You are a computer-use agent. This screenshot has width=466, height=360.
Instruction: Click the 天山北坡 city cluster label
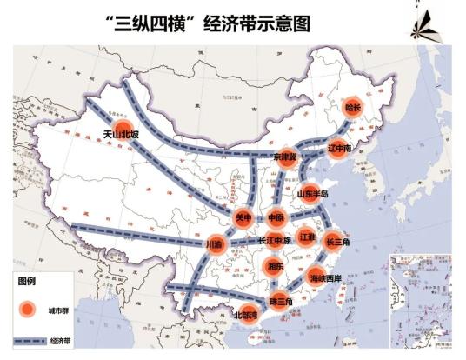coord(121,134)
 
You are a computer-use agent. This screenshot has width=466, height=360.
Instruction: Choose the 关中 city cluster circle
coord(243,217)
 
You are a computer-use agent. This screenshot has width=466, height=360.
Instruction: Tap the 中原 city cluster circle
coord(276,217)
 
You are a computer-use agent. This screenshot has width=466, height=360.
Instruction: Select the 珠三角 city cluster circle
coord(280,301)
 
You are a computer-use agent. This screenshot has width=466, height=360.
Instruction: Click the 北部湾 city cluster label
coord(246,315)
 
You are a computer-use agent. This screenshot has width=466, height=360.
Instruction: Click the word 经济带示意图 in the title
coord(256,23)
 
